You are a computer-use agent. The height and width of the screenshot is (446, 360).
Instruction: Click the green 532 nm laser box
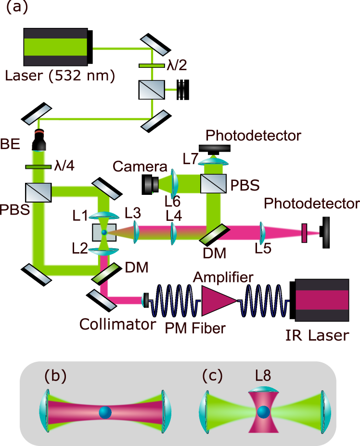pyautogui.click(x=55, y=47)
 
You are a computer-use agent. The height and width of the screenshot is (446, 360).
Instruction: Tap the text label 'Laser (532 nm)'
pyautogui.click(x=60, y=76)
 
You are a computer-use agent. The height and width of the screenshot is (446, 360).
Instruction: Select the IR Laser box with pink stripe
pyautogui.click(x=322, y=300)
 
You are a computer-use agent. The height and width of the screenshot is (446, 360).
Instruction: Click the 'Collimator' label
pyautogui.click(x=118, y=324)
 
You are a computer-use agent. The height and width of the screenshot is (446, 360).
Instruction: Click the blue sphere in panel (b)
pyautogui.click(x=105, y=412)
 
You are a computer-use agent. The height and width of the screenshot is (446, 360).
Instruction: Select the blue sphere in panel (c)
pyautogui.click(x=263, y=412)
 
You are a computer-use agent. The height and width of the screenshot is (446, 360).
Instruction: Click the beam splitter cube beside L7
pyautogui.click(x=213, y=183)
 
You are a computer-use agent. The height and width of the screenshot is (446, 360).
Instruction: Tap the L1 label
pyautogui.click(x=80, y=216)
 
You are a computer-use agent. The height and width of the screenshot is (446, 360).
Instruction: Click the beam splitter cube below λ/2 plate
pyautogui.click(x=151, y=90)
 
